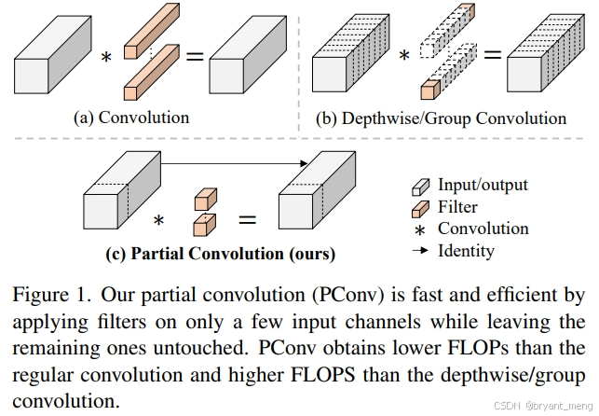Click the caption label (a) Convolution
pyautogui.click(x=131, y=118)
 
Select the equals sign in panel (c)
pyautogui.click(x=247, y=220)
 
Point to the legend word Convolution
pyautogui.click(x=483, y=229)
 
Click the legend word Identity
pyautogui.click(x=466, y=251)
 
